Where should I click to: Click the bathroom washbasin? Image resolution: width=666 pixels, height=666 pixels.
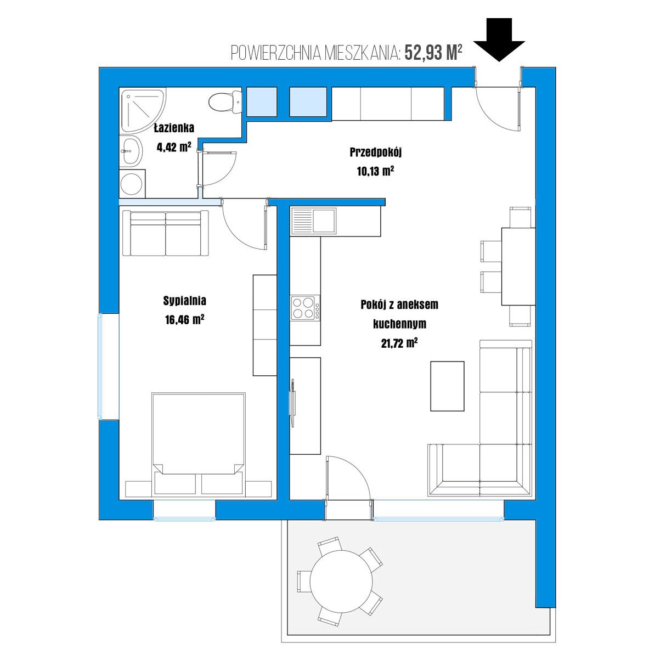(131, 151)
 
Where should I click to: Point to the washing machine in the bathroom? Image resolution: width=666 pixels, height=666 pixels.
(132, 184)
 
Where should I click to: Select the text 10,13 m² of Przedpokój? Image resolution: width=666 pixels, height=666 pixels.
(375, 171)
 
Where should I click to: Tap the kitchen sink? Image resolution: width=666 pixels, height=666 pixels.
(314, 221)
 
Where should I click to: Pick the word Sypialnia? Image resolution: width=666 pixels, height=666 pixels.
(184, 301)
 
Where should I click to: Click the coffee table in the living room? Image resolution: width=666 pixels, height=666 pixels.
(447, 386)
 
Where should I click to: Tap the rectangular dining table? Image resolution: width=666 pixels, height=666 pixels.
(518, 267)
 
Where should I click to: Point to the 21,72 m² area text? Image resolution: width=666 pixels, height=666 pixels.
(399, 343)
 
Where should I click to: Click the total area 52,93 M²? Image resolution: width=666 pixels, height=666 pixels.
(433, 53)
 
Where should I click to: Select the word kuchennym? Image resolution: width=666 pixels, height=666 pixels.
(399, 324)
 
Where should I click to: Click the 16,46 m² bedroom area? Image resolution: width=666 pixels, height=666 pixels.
(184, 320)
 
